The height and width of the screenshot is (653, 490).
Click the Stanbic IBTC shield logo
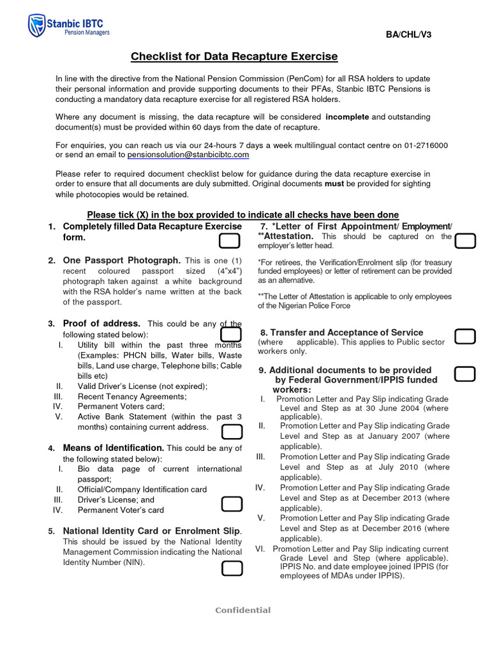click(36, 26)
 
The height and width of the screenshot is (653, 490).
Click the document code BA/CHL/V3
click(408, 34)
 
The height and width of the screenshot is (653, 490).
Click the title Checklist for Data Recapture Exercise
click(234, 57)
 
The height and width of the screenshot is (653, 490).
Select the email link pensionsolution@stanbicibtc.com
click(188, 155)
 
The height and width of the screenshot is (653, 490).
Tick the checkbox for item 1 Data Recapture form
click(230, 241)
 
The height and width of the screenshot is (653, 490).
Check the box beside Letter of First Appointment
click(465, 241)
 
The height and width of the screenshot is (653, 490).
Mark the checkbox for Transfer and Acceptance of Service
click(465, 337)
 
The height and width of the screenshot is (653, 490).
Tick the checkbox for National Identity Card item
click(232, 569)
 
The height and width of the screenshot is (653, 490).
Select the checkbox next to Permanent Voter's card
click(232, 504)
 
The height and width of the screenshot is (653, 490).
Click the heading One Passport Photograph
click(122, 260)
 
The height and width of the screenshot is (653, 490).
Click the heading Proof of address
click(101, 323)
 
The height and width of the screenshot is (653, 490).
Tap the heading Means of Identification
click(114, 448)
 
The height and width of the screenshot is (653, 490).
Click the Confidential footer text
click(242, 610)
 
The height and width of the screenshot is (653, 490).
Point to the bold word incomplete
click(347, 117)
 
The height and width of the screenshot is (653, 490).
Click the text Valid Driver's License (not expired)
click(142, 386)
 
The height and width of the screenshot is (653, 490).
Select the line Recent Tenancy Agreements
click(131, 396)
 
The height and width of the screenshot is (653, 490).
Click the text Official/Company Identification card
click(142, 489)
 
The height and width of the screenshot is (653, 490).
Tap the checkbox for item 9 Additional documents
click(465, 374)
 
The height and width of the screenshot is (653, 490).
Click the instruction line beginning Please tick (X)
click(242, 215)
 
